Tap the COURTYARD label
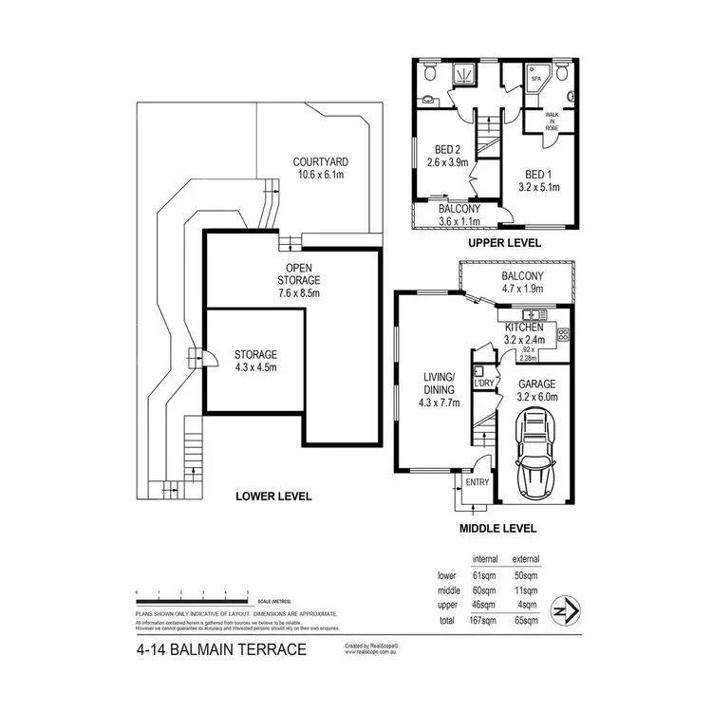(318, 167)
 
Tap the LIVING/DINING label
(440, 389)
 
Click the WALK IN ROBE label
(552, 120)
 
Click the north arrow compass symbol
(568, 609)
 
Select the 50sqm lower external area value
(526, 575)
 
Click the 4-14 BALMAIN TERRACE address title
(220, 650)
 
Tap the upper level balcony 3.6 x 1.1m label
(459, 215)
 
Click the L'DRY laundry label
(484, 383)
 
